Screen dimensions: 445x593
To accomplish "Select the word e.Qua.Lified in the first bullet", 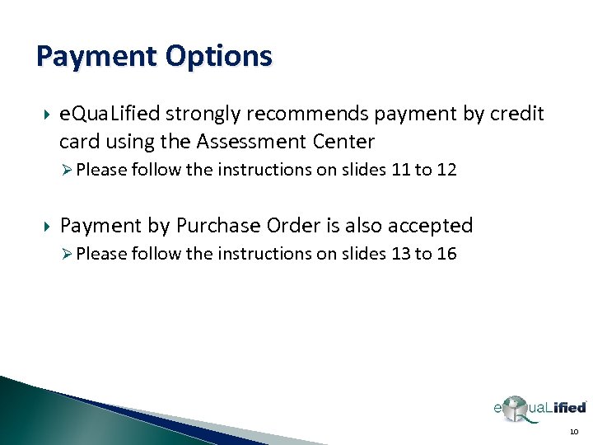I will [110, 114].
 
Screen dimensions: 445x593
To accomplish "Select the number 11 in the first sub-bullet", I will [399, 171].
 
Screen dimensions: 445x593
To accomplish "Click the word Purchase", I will [215, 225].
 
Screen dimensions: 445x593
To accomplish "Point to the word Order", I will [290, 225].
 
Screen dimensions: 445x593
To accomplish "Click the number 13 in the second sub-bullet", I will [399, 254].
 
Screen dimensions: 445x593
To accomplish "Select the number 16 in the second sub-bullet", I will [446, 254].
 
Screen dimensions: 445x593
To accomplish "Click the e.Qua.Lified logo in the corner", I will [539, 408].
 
